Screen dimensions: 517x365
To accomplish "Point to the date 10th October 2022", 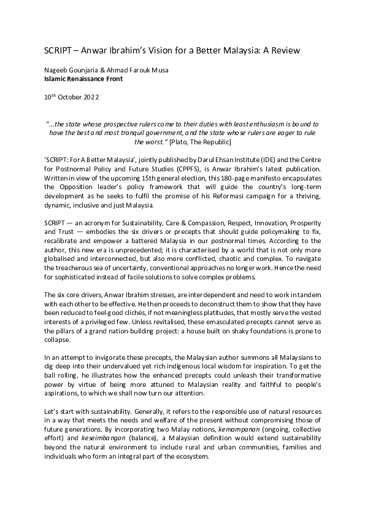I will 71,97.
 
